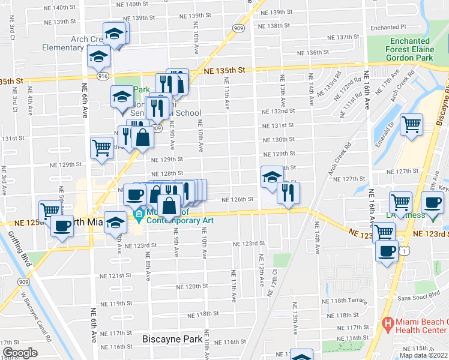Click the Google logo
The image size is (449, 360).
pyautogui.click(x=19, y=352)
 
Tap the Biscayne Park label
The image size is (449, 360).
pyautogui.click(x=172, y=339)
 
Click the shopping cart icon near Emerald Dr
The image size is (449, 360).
pyautogui.click(x=412, y=125)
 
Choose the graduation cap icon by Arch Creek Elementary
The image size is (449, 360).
pyautogui.click(x=113, y=35)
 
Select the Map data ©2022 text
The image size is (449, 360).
pyautogui.click(x=424, y=355)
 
